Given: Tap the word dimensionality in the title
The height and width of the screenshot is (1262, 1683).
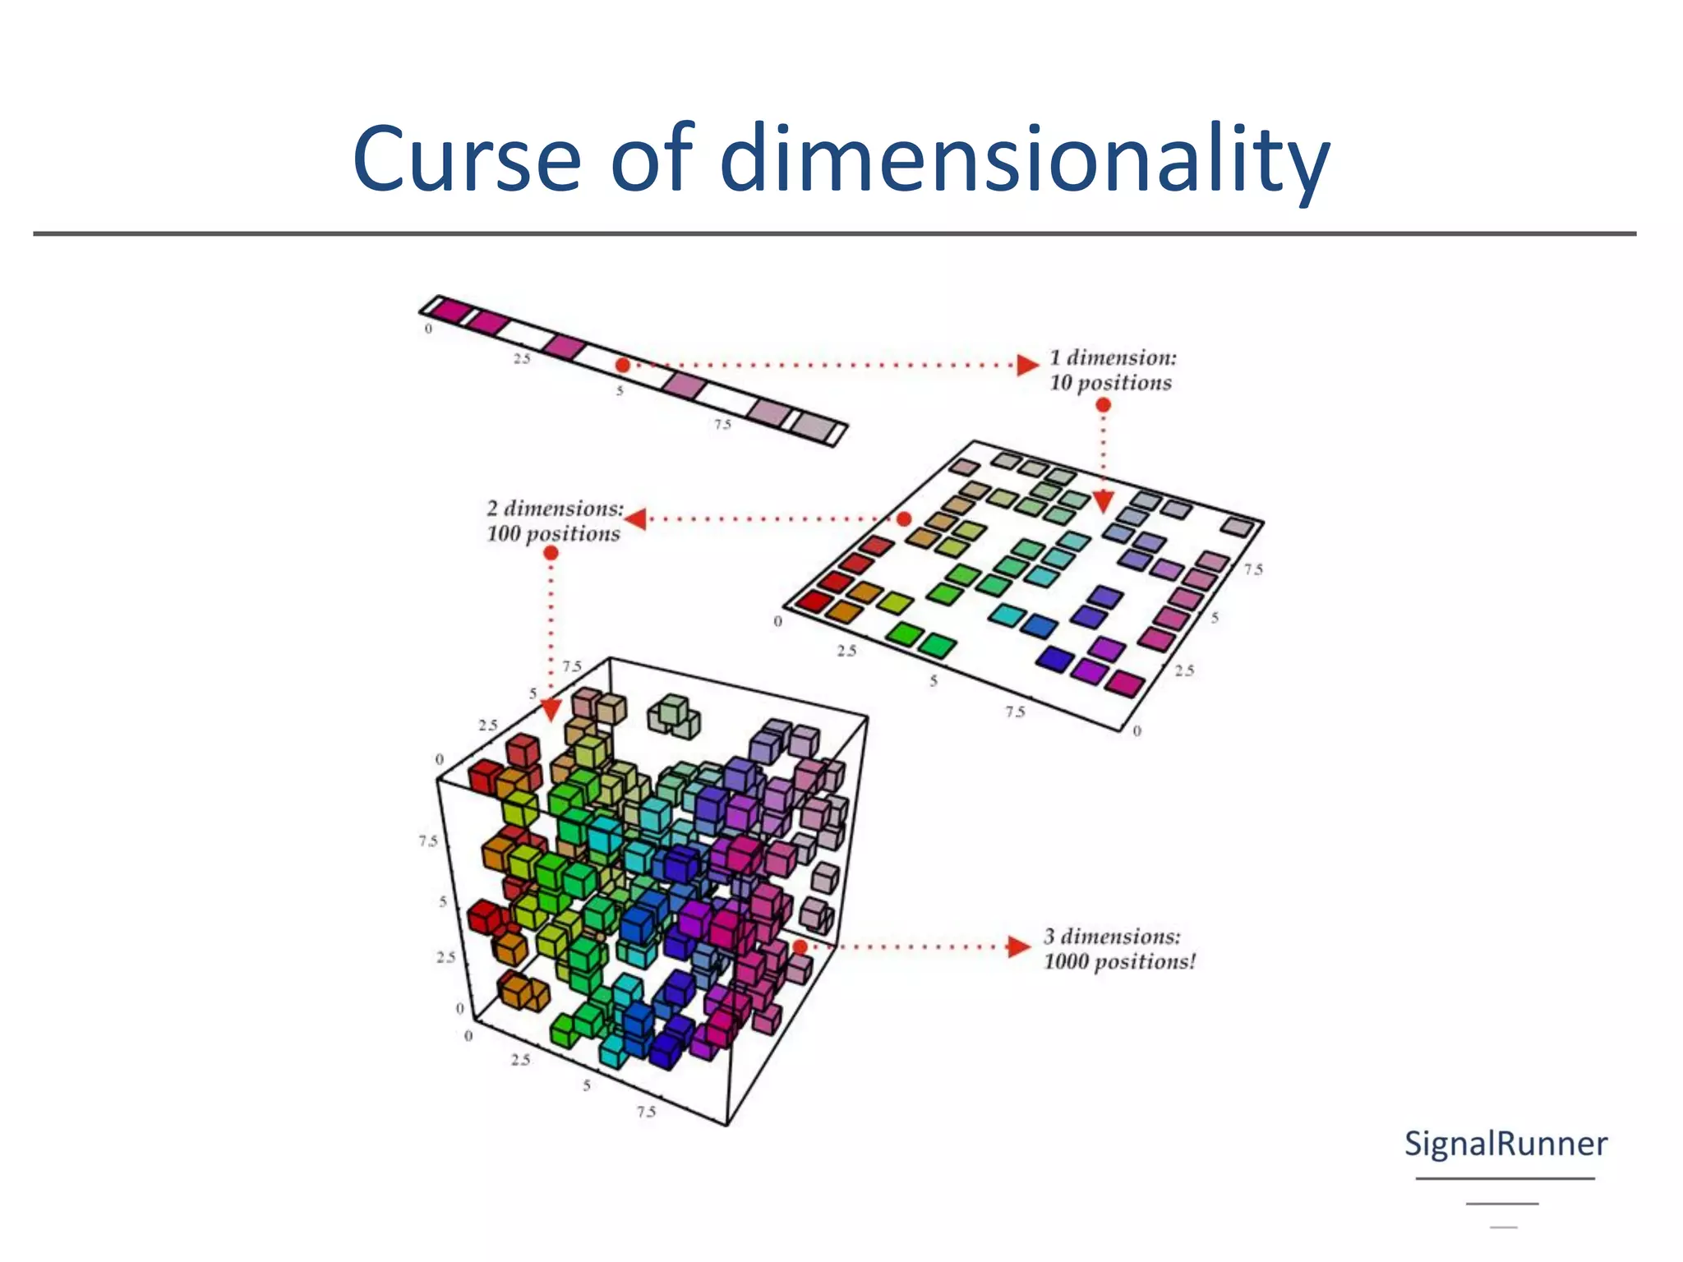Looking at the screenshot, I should point(1024,159).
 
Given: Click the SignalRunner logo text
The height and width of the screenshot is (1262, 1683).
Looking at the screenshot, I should point(1505,1144).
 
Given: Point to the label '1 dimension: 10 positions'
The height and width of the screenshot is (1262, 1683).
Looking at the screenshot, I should point(1112,370).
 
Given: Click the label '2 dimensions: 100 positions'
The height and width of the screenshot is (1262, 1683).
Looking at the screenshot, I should point(554,521).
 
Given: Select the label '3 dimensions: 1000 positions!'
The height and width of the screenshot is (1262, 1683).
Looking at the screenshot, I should point(1119,949).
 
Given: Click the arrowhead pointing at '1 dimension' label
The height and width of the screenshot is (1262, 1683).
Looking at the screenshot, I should point(1027,365).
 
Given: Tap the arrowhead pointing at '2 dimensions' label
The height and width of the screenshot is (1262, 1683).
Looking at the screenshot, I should point(635,518).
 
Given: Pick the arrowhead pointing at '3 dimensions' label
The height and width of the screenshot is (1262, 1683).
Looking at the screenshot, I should point(1020,946).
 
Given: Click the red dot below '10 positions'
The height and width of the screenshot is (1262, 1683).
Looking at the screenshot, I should point(1104,405).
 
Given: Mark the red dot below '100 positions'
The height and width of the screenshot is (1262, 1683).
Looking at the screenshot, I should point(551,553).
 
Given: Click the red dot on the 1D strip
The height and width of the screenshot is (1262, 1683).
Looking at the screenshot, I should point(623,365).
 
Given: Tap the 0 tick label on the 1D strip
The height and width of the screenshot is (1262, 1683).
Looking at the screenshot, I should point(428,329).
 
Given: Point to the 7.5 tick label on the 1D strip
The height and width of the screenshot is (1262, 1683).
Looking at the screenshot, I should point(722,425).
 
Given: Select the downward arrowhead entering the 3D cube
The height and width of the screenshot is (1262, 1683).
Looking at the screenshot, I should point(551,709).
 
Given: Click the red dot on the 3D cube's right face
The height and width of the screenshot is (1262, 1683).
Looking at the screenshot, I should point(800,946).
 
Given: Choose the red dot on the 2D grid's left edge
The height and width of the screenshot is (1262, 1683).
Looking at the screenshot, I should point(904,518).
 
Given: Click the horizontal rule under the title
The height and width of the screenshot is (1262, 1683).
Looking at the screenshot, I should point(835,234).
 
